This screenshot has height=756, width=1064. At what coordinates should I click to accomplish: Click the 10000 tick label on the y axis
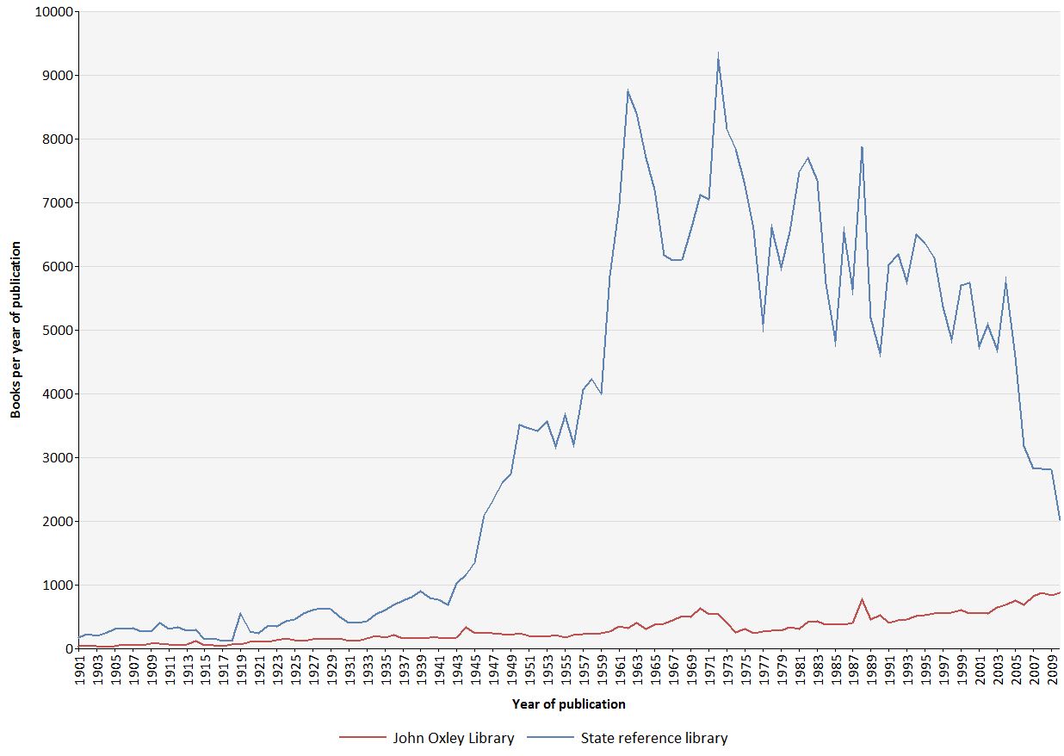click(53, 12)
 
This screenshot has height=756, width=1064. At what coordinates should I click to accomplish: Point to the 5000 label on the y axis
click(57, 331)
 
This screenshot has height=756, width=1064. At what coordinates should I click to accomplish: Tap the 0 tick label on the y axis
click(67, 649)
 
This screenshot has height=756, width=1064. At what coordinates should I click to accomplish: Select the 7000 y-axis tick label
click(57, 203)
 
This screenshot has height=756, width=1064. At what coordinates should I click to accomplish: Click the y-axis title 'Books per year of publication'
click(15, 331)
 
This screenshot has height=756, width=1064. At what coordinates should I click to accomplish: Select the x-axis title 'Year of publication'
click(568, 704)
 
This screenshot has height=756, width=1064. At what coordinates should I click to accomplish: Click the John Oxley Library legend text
click(453, 738)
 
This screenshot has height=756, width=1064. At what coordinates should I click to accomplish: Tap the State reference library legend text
click(653, 738)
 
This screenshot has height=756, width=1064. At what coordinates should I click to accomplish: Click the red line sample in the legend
click(362, 738)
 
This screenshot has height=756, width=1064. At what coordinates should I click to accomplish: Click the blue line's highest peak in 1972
click(718, 54)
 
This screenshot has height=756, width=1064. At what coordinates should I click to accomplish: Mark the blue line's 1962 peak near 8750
click(628, 90)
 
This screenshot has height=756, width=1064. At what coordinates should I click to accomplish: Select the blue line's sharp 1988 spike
click(862, 146)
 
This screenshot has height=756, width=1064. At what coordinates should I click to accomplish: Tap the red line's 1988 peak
click(862, 599)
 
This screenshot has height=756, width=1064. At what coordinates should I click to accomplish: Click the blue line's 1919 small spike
click(240, 614)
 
